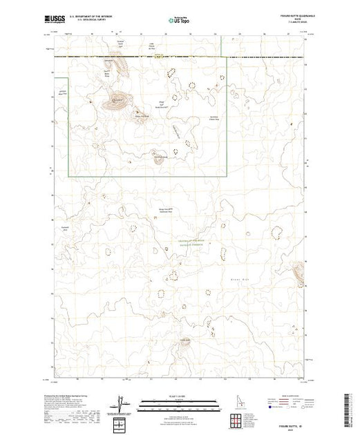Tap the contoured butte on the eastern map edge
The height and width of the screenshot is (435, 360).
[299, 275]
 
